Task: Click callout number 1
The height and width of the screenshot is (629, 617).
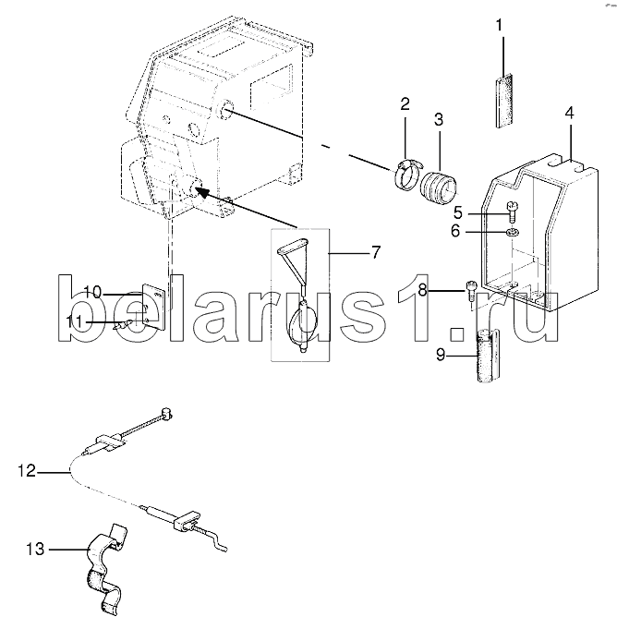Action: pos(499,26)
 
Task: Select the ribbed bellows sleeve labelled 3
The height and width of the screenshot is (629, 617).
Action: pos(438,187)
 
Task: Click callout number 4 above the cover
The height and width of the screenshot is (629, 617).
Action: pos(570,113)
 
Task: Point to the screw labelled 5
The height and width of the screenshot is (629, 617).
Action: pos(512,212)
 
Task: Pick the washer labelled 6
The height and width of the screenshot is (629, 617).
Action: pos(513,232)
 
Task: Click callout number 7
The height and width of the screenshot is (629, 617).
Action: pos(375,253)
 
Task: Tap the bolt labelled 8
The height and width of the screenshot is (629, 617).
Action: pos(470,292)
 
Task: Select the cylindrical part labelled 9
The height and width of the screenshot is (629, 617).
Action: pos(488,356)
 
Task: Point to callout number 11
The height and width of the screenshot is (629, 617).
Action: pos(74,321)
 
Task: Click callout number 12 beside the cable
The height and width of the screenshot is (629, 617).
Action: pos(27,470)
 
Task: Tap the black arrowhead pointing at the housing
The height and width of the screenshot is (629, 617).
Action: pos(202,192)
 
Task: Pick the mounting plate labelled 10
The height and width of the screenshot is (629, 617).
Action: pos(153,307)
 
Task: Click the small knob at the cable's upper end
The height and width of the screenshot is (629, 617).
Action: pos(166,414)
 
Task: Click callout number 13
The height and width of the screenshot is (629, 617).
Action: pos(35,550)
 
